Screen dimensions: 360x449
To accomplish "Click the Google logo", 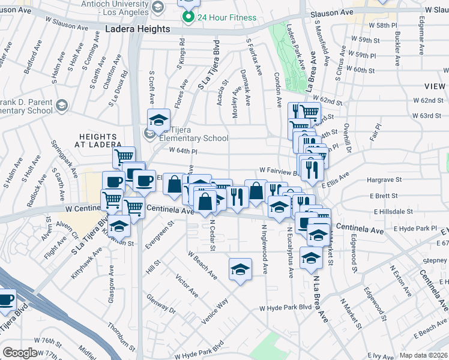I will pos(20,353).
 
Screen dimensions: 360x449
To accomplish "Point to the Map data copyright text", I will pos(423,355).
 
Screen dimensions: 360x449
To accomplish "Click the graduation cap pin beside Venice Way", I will pos(240,269).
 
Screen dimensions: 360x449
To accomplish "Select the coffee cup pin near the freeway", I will pos(5,301).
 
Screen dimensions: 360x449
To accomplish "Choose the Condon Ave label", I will pos(277,90).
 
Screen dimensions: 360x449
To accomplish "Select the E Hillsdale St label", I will pos(393,212).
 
